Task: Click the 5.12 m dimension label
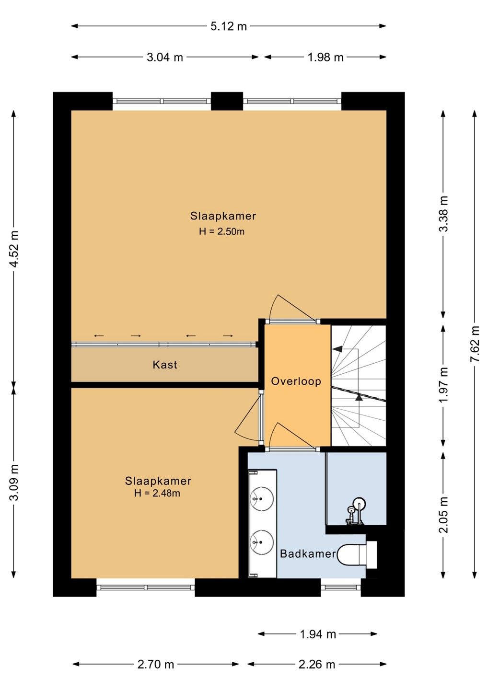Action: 229,26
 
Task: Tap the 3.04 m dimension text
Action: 165,57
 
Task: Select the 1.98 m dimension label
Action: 325,57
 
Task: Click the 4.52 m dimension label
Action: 14,248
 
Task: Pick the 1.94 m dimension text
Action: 318,634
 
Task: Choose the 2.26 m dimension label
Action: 317,665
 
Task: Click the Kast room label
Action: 165,365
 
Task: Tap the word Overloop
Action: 296,381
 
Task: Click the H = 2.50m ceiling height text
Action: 221,231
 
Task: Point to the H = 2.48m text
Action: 157,493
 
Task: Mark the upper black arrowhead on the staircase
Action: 337,349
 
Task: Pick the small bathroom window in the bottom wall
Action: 341,588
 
